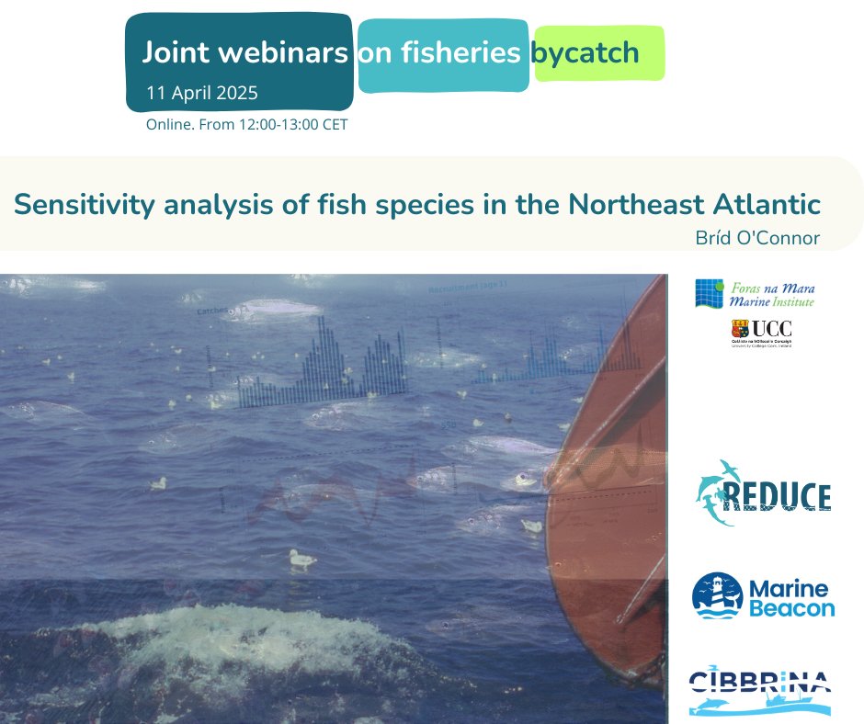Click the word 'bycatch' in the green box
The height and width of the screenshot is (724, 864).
pos(585,53)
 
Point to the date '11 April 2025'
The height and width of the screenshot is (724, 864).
pos(202,93)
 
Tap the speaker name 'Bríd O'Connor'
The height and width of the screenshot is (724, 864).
pos(758,238)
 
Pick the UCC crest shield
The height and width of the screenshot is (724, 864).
pos(737,329)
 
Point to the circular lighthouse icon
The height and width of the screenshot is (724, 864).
pos(717,595)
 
